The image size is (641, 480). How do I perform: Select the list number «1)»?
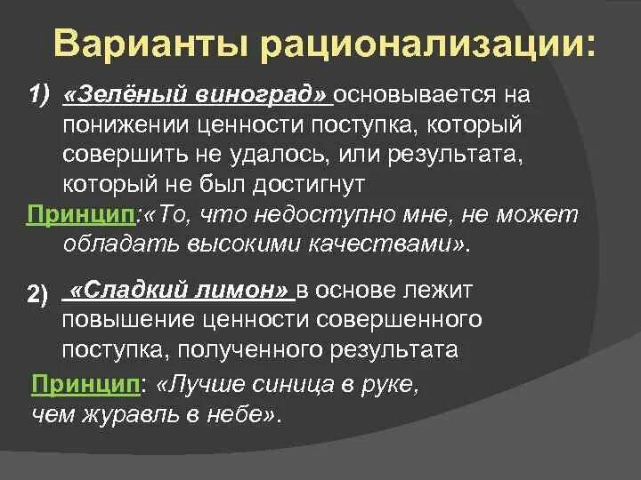39,96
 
